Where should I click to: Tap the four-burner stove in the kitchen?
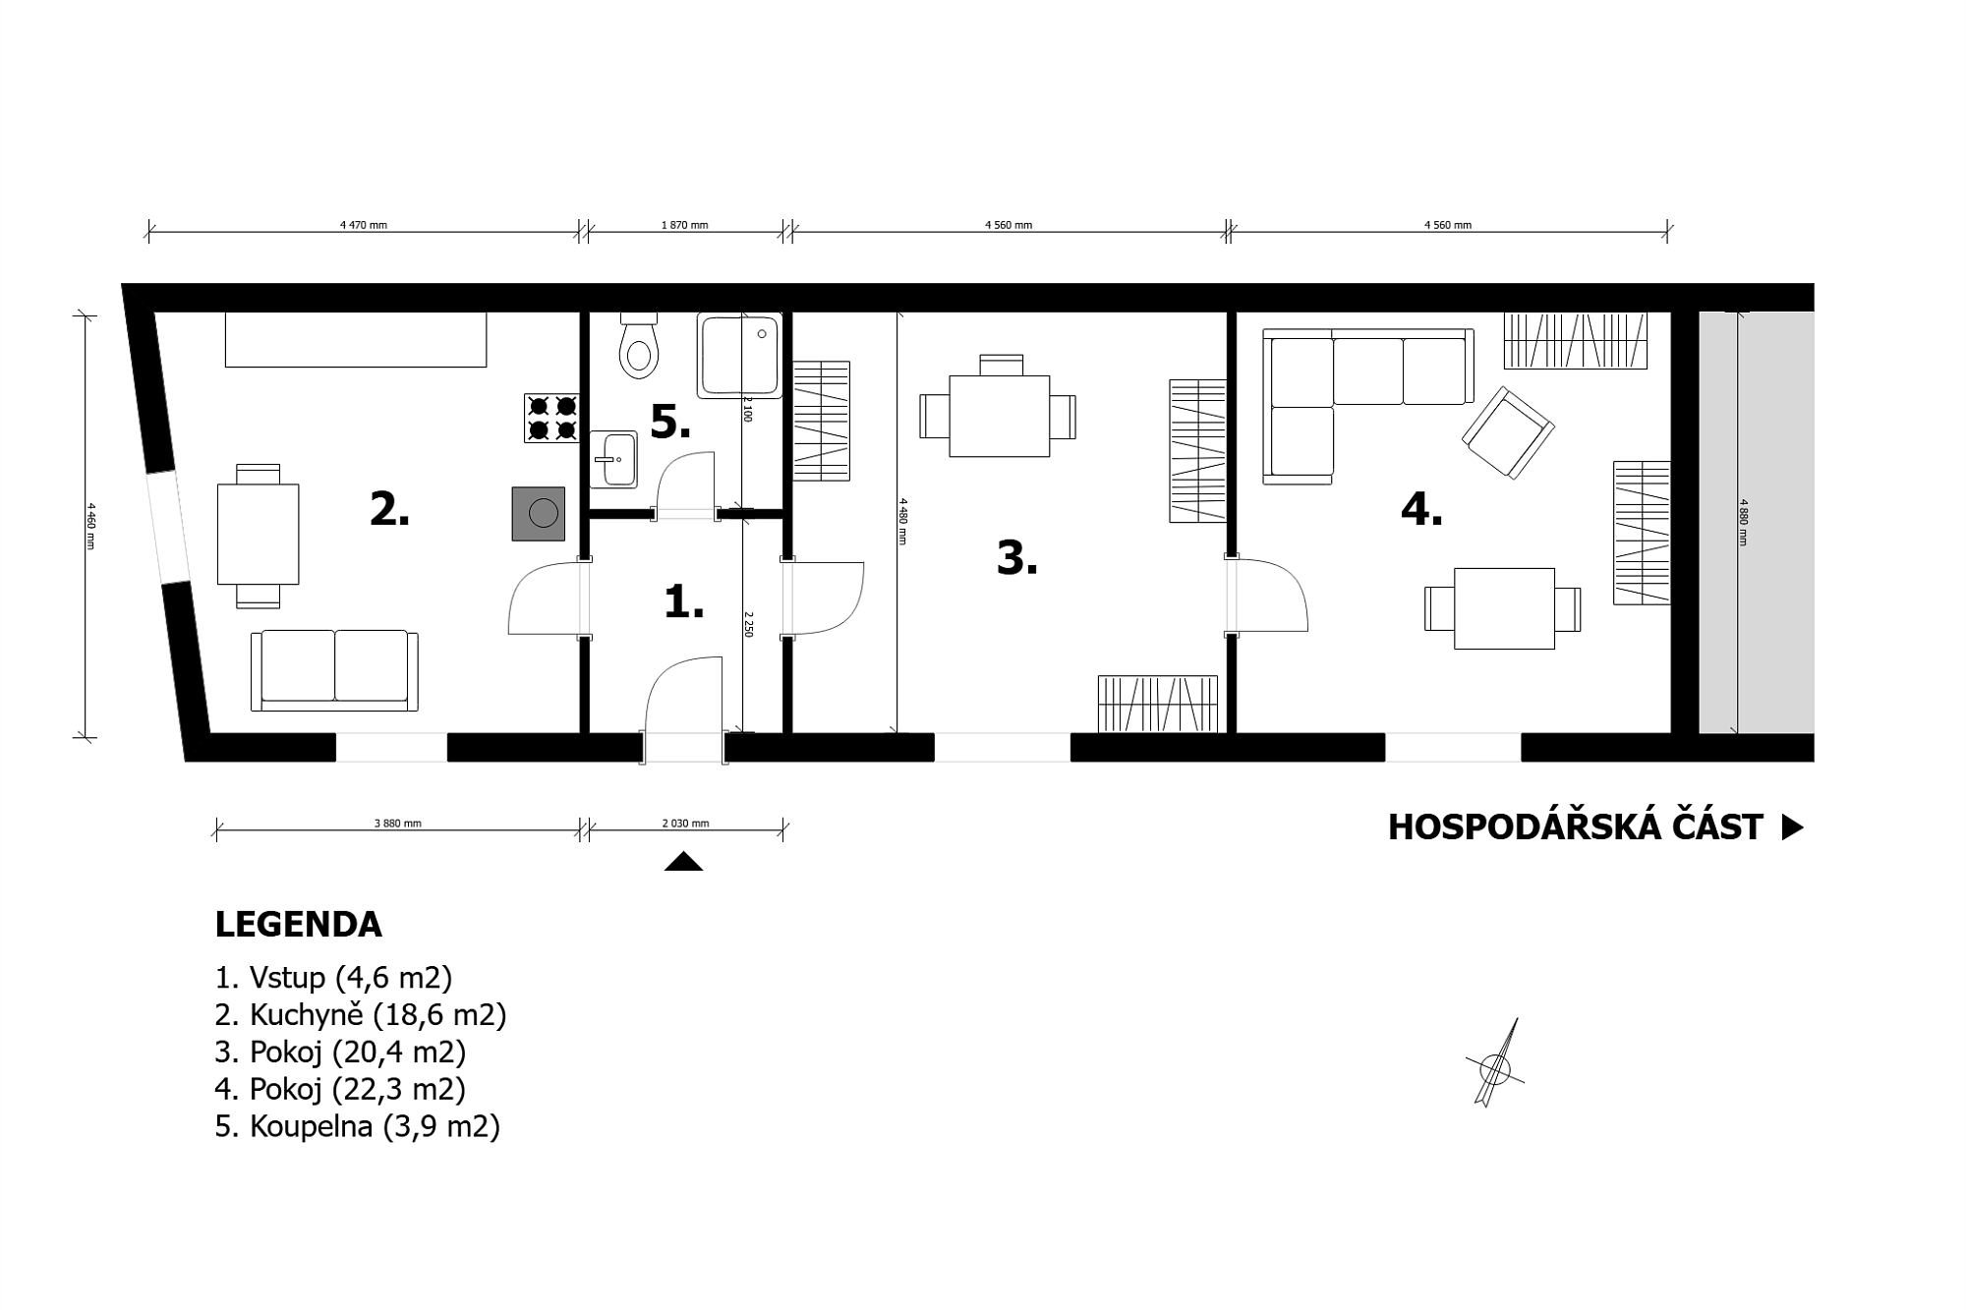click(551, 418)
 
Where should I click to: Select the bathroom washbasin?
click(613, 459)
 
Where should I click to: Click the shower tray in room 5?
click(739, 356)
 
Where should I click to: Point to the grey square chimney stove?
click(539, 513)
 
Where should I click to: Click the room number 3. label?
click(1017, 558)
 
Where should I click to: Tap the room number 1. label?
click(684, 601)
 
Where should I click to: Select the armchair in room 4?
click(1508, 432)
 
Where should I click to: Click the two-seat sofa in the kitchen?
click(334, 670)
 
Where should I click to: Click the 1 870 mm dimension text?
click(685, 225)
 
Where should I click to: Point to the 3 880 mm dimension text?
click(398, 824)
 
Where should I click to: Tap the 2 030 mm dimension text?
click(685, 824)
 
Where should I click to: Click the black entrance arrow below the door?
click(683, 862)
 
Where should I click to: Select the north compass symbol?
click(1495, 1065)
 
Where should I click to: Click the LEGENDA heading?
click(298, 925)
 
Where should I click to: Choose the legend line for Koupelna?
click(358, 1126)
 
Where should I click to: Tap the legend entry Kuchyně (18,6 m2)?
click(361, 1015)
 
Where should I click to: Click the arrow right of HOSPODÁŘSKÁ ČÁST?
click(1793, 827)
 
